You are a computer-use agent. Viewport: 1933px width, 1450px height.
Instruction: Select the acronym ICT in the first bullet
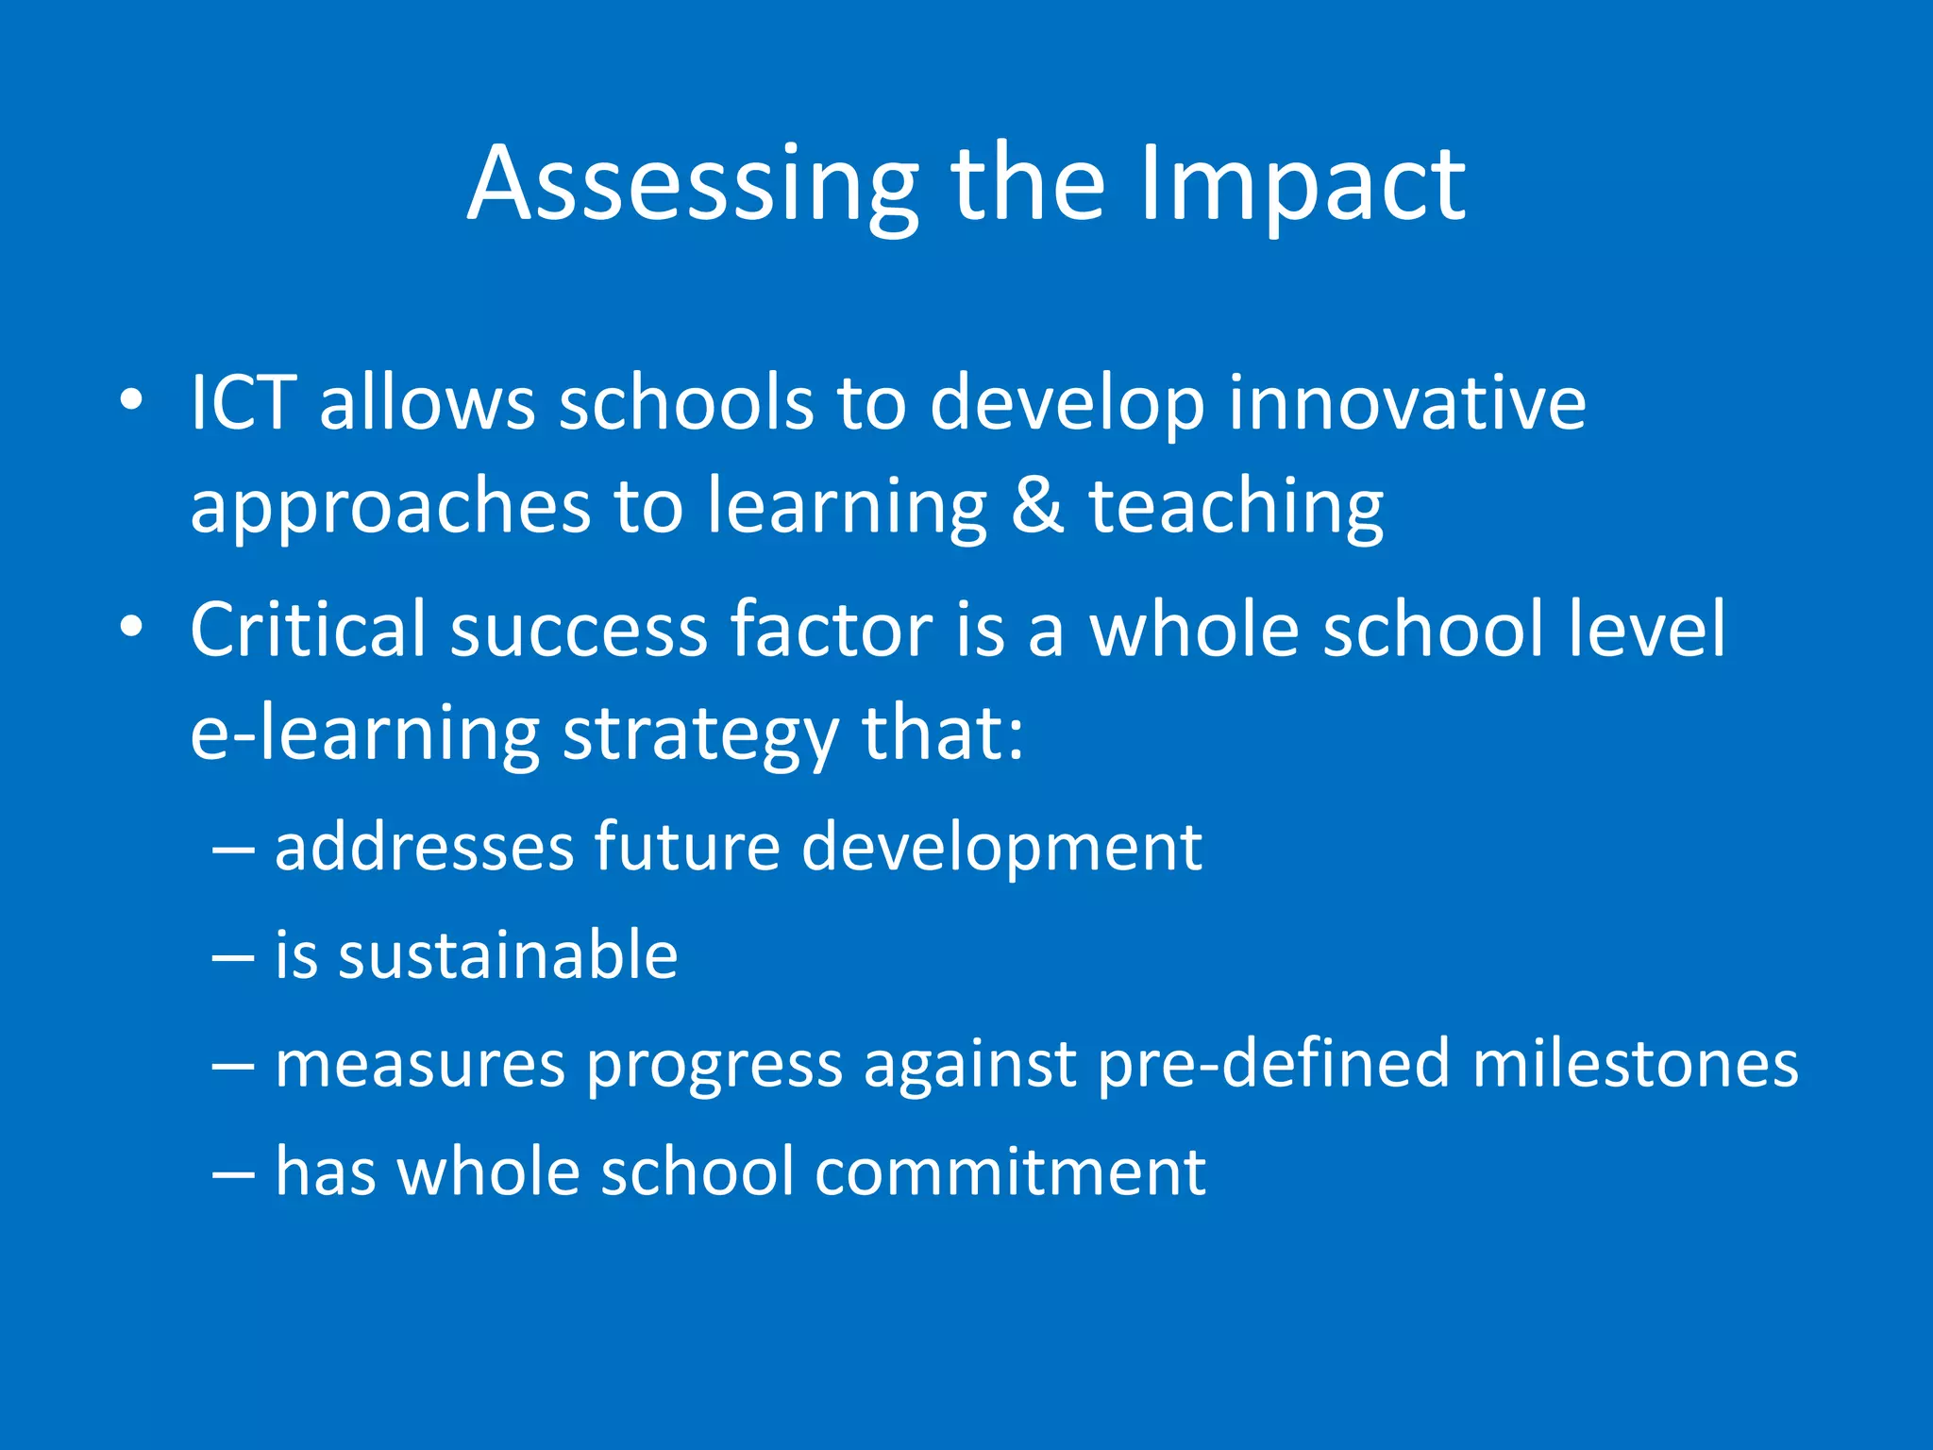(244, 403)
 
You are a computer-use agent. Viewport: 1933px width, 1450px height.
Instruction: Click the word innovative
(1406, 403)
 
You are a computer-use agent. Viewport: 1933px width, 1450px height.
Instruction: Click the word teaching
(1236, 507)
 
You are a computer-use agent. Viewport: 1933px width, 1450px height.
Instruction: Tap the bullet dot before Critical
(131, 627)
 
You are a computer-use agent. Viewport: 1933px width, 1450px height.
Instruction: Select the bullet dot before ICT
(131, 400)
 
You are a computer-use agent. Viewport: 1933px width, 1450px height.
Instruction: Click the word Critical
(308, 630)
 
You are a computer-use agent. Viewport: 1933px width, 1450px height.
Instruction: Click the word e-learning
(364, 734)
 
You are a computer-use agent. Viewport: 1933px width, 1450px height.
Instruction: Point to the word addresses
(424, 847)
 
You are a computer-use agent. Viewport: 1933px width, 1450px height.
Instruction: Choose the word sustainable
(508, 955)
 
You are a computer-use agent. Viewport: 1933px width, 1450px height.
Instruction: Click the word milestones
(1635, 1064)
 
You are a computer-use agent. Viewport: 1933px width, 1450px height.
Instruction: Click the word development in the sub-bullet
(1001, 847)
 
